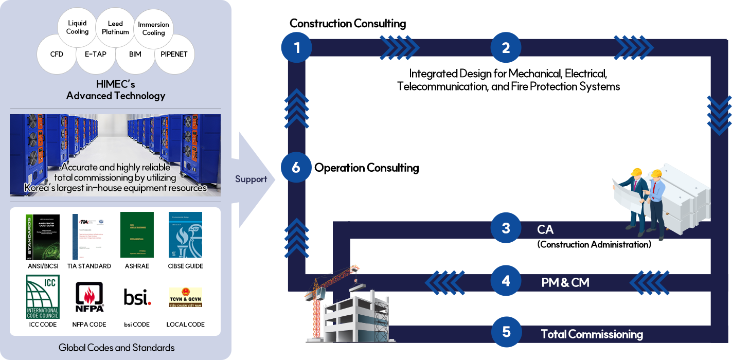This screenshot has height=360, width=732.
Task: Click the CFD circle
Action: [x=57, y=54]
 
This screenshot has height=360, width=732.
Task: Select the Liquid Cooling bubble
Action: [x=77, y=27]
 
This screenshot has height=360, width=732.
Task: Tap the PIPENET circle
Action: [x=174, y=54]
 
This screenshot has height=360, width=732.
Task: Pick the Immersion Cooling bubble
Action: [x=153, y=28]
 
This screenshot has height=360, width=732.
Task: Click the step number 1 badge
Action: [x=296, y=48]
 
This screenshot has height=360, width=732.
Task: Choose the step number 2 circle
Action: [x=506, y=48]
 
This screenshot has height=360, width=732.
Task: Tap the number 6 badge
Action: [x=296, y=168]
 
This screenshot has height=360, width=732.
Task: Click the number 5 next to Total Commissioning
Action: [x=506, y=332]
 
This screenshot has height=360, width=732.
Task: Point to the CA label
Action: [x=545, y=229]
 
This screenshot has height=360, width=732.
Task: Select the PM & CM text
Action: [x=565, y=282]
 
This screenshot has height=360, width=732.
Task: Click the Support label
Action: [x=251, y=179]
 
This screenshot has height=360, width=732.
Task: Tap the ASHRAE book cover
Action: [x=137, y=235]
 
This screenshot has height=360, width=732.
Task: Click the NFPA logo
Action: [x=90, y=297]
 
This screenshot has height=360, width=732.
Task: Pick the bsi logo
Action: [x=137, y=297]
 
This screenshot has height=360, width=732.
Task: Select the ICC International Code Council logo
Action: [x=43, y=297]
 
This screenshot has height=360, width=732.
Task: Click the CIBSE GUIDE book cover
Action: [x=185, y=236]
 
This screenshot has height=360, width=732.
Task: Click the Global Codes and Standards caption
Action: [x=116, y=348]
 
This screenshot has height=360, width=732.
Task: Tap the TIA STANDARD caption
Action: [x=90, y=266]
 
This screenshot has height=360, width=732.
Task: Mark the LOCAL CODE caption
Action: [x=185, y=325]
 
